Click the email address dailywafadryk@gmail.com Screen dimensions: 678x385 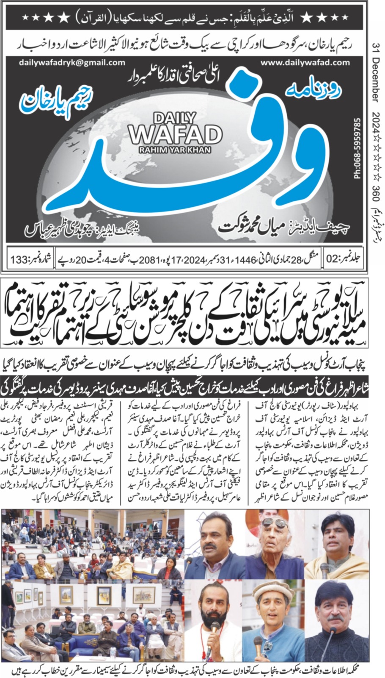point(72,62)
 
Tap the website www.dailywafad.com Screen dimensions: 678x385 point(305,62)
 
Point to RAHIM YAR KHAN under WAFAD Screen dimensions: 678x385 point(175,149)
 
